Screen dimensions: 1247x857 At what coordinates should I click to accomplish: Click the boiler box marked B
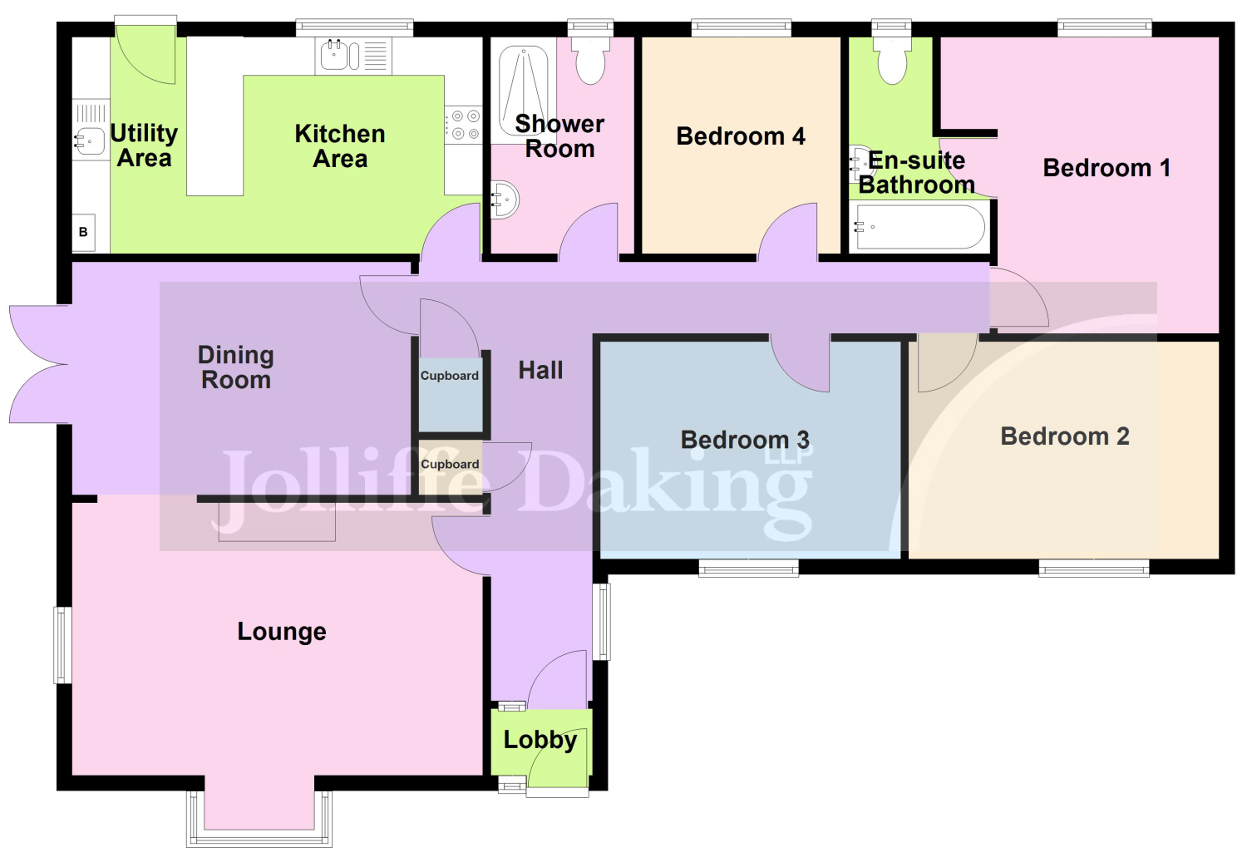[x=83, y=232]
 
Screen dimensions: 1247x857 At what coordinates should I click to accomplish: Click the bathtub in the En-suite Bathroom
[x=919, y=227]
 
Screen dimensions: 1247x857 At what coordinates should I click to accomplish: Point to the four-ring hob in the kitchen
[x=463, y=125]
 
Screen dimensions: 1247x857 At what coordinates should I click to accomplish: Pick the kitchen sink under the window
[x=353, y=56]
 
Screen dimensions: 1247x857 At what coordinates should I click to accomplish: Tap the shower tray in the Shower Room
[x=523, y=91]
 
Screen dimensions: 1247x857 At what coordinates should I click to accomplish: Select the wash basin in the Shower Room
[x=505, y=199]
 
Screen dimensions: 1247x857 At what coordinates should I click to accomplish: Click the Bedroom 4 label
[x=741, y=136]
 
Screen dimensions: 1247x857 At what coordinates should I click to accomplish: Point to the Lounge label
[x=282, y=632]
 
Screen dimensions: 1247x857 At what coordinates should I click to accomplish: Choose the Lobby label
[x=540, y=740]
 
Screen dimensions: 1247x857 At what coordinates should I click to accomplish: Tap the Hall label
[x=540, y=370]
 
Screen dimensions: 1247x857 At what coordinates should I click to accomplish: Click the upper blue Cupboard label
[x=449, y=376]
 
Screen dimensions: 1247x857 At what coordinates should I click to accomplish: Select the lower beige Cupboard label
[x=450, y=464]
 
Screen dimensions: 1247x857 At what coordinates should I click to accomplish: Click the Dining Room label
[x=235, y=367]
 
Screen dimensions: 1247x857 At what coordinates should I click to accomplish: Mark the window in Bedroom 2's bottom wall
[x=1094, y=568]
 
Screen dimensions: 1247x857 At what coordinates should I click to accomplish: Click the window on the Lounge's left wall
[x=62, y=645]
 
